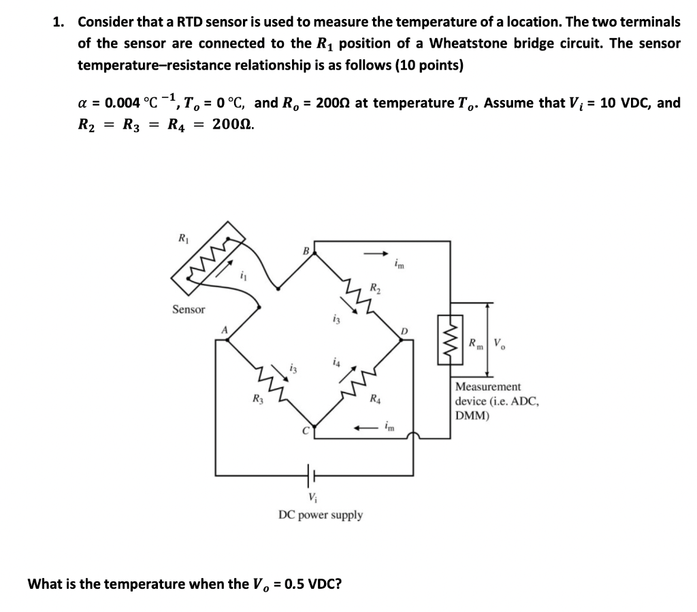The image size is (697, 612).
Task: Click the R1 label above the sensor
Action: (x=182, y=239)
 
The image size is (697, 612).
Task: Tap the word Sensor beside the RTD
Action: (x=189, y=310)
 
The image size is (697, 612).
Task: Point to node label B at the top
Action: (x=306, y=251)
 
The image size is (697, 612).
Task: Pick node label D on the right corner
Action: (x=404, y=332)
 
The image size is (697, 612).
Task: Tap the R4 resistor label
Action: (x=375, y=398)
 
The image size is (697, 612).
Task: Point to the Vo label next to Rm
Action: (x=499, y=341)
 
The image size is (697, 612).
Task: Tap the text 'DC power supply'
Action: (x=321, y=515)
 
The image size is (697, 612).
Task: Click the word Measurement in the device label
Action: (x=489, y=387)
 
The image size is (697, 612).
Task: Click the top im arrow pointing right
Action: (x=374, y=254)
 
